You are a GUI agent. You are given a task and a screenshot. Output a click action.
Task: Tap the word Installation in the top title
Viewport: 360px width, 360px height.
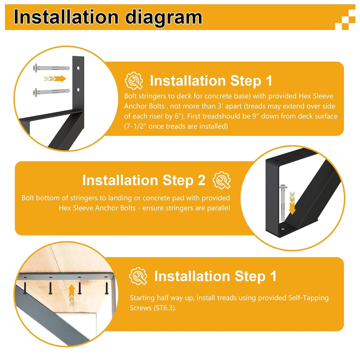(66, 17)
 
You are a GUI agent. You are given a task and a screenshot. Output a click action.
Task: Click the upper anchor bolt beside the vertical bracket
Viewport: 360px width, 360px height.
(52, 68)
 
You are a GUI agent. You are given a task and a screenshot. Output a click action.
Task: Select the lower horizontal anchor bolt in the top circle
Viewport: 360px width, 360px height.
(52, 92)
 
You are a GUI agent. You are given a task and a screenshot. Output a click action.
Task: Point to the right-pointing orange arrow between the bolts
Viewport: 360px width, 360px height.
(54, 79)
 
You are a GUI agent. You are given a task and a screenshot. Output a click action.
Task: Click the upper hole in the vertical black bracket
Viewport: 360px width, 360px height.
(78, 68)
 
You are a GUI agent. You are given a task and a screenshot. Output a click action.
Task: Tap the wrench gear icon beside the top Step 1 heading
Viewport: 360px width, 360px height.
(134, 81)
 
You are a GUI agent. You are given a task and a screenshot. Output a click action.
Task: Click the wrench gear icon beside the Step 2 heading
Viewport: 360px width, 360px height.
(221, 180)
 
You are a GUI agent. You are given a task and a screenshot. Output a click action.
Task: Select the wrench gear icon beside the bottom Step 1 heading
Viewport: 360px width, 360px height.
(138, 276)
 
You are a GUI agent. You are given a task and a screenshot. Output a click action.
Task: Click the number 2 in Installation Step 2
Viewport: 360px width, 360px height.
(201, 180)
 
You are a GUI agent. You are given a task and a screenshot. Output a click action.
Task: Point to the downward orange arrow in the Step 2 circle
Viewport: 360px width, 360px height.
(292, 203)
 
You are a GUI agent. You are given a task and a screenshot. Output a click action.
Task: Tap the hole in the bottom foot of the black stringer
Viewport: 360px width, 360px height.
(283, 229)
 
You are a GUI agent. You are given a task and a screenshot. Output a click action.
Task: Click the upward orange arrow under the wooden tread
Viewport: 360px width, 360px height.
(72, 296)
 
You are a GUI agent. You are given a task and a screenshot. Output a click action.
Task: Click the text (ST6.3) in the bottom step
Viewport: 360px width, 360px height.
(165, 308)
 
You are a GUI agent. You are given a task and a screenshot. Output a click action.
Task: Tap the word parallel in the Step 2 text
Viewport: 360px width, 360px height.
(218, 208)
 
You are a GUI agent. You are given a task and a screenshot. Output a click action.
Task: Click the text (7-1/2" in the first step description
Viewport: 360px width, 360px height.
(135, 126)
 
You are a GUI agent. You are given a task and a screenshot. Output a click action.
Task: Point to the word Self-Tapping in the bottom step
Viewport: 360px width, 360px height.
(309, 298)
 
